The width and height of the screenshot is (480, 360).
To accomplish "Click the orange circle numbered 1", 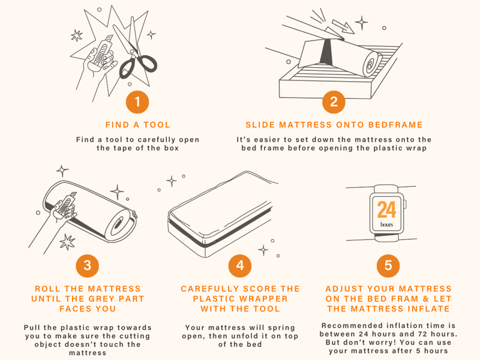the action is (137, 102).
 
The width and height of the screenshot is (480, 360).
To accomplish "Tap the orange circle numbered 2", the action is (334, 102).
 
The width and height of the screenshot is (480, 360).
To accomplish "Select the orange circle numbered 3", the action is (87, 265).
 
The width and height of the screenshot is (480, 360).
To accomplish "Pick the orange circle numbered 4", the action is (240, 265).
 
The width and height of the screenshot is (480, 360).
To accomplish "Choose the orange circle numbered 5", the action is (388, 265).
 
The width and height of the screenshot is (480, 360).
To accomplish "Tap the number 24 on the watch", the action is (386, 209).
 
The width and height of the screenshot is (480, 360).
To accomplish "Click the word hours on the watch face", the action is (386, 224).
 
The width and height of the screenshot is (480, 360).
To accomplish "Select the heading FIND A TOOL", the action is (138, 125).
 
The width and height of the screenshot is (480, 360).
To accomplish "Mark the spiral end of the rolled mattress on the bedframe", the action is (371, 64).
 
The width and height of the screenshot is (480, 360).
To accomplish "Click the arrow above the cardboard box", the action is (343, 26).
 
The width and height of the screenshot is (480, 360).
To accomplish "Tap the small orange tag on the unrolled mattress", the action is (214, 242).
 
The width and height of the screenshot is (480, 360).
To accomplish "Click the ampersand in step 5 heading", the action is (426, 299).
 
